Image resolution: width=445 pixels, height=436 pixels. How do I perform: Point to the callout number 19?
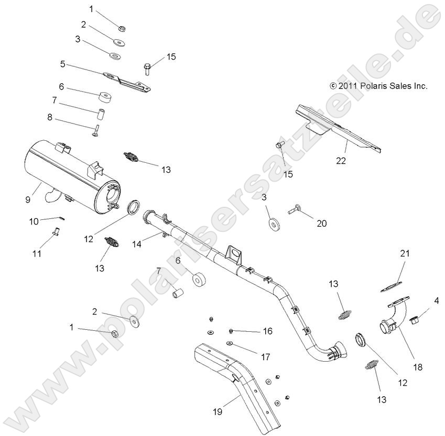coord(218,411)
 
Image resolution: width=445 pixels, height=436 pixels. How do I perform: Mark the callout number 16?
coord(267,331)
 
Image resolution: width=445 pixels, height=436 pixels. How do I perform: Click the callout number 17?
coord(265,357)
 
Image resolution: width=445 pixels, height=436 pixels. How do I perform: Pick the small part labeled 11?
coord(54,230)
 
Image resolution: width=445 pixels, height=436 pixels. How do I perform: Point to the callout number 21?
coord(405,253)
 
